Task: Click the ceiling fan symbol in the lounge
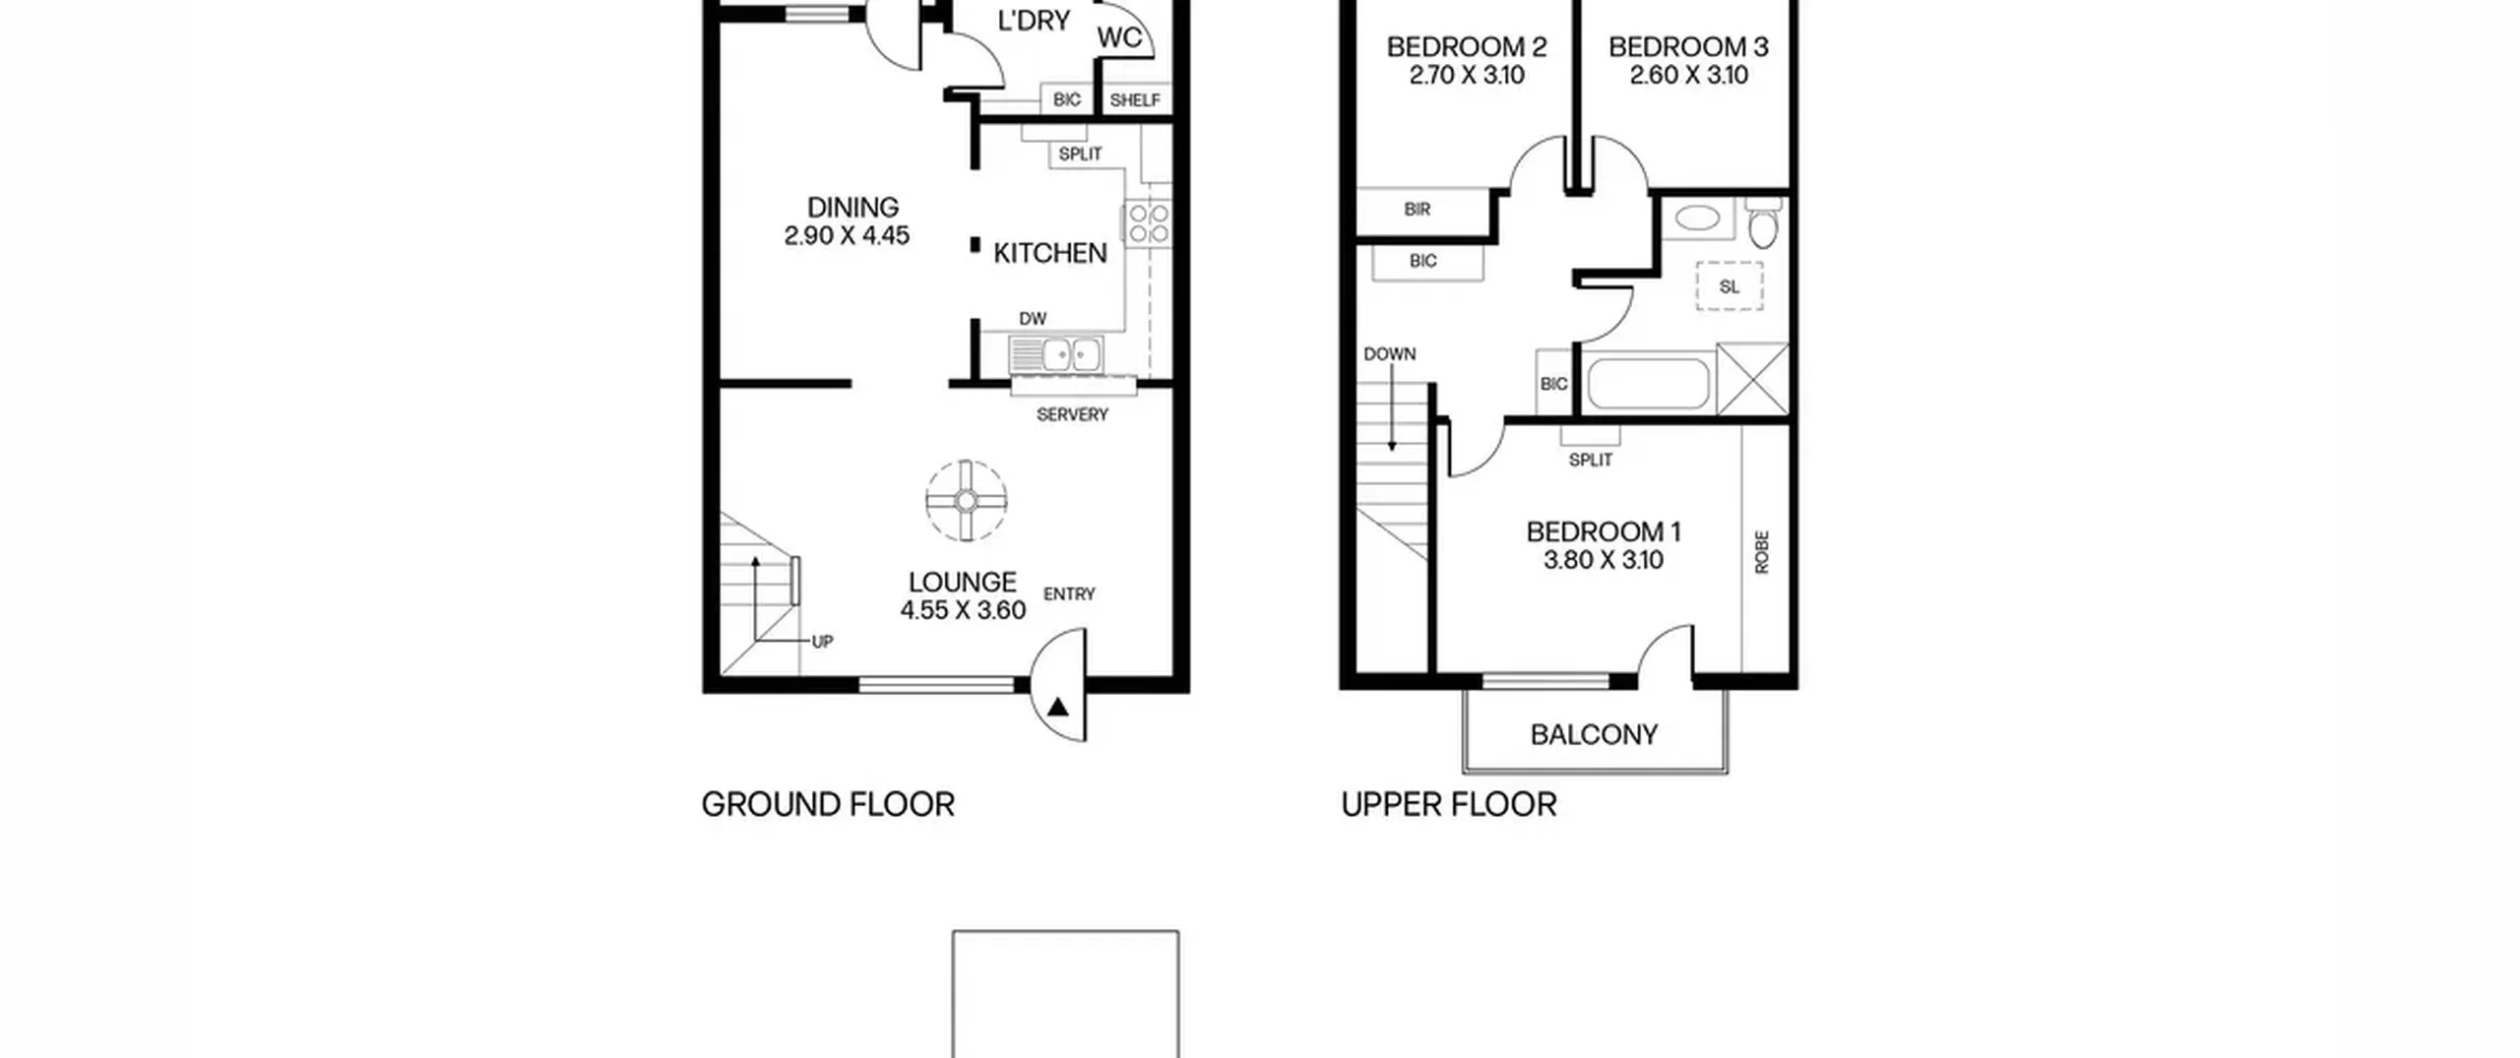click(966, 501)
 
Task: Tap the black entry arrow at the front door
click(1058, 707)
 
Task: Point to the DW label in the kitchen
click(1033, 319)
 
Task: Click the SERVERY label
click(1072, 414)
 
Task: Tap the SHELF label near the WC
click(1135, 100)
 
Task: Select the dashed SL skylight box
click(1730, 286)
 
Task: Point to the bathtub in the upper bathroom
click(1649, 384)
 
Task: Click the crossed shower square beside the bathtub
click(1752, 379)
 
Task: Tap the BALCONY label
click(1594, 735)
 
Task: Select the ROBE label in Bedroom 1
click(1762, 552)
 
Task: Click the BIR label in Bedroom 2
click(1417, 210)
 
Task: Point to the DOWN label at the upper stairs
click(1390, 354)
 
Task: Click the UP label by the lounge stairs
click(822, 642)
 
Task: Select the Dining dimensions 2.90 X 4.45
click(847, 236)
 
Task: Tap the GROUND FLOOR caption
click(828, 805)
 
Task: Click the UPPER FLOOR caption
click(1449, 805)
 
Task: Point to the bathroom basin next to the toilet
click(1698, 218)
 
